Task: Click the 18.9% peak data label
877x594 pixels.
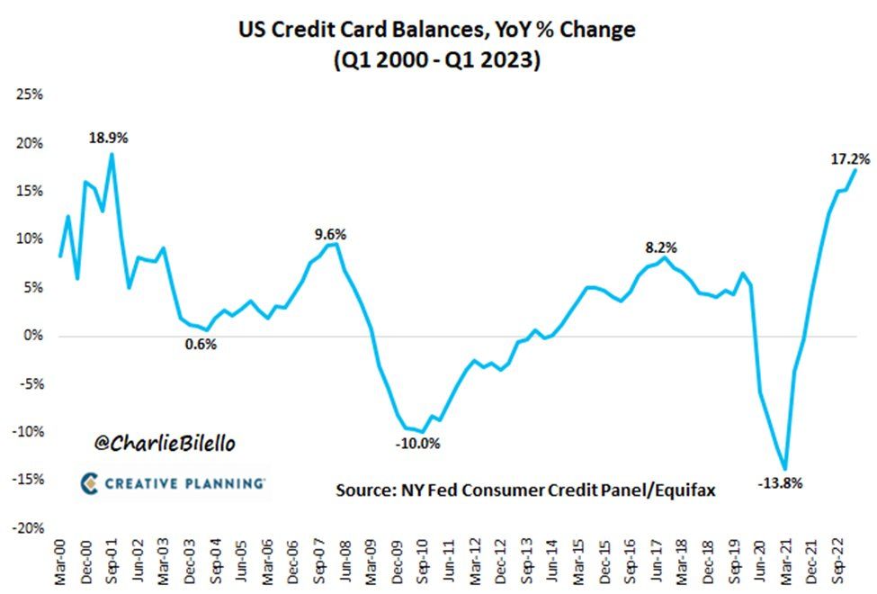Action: pyautogui.click(x=108, y=138)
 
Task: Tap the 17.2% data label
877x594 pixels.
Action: pyautogui.click(x=849, y=158)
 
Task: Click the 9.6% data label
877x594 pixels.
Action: pyautogui.click(x=330, y=234)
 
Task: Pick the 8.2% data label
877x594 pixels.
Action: pyautogui.click(x=661, y=247)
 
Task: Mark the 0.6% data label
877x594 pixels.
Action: pyautogui.click(x=201, y=344)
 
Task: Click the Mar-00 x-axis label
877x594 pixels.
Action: pyautogui.click(x=61, y=563)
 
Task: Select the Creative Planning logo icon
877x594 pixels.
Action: pyautogui.click(x=90, y=483)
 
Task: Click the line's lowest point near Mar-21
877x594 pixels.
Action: pyautogui.click(x=785, y=469)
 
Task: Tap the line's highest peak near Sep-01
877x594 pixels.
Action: pyautogui.click(x=112, y=154)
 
